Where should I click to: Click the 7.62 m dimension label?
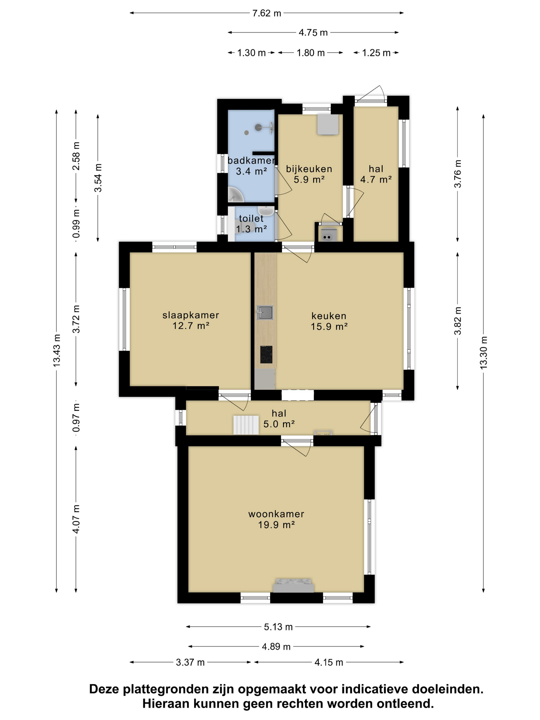point(266,13)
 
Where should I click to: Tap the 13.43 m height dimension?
point(57,350)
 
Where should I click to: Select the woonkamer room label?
point(276,514)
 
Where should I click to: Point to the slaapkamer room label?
point(191,315)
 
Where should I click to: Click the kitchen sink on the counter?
point(265,312)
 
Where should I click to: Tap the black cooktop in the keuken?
point(266,354)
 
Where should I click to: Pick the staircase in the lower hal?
point(246,425)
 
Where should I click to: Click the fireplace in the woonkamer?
point(293,585)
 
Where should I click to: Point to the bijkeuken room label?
point(309,169)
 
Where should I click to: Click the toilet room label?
point(251,218)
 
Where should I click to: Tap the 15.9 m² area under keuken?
point(329,327)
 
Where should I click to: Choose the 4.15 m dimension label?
point(329,662)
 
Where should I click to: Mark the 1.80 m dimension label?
point(311,53)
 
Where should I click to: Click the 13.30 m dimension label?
point(483,353)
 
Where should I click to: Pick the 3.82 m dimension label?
point(458,321)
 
